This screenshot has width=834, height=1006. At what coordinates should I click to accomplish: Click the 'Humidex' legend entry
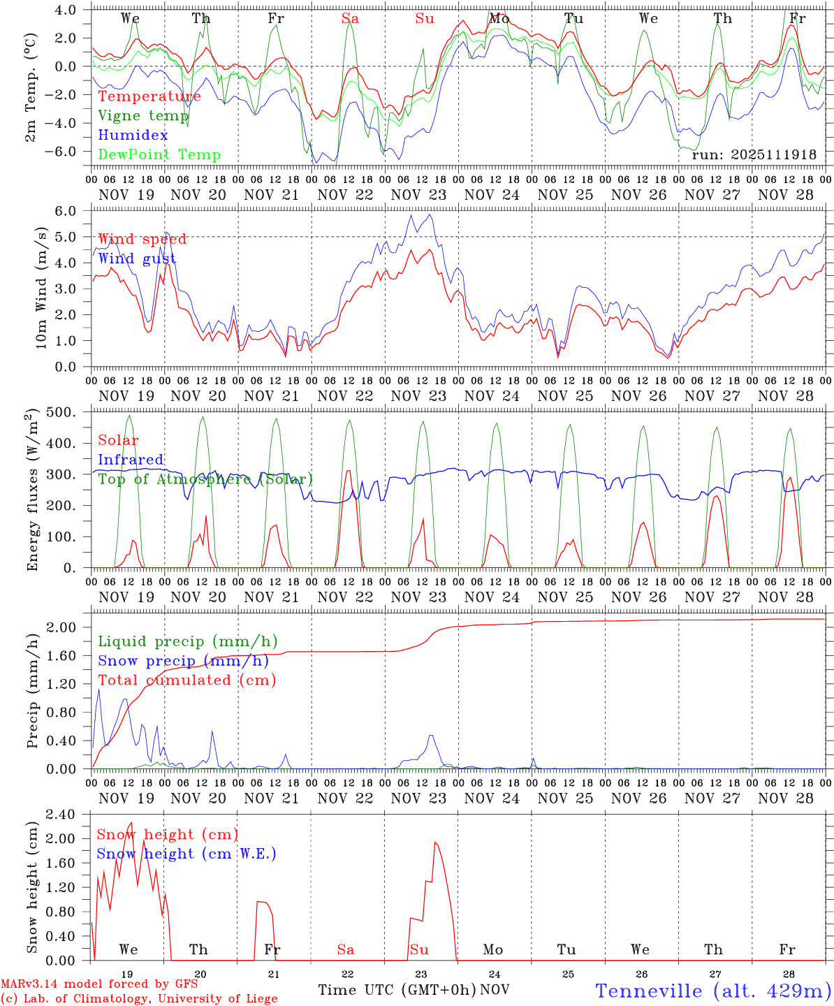(x=133, y=136)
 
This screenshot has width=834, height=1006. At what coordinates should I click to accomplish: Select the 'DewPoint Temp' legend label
(x=159, y=155)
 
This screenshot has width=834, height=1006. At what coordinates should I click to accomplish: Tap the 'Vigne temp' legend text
(x=143, y=116)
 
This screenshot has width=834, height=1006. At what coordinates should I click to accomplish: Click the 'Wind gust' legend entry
(x=137, y=259)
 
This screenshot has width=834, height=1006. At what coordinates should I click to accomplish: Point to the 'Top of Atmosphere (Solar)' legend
(x=205, y=479)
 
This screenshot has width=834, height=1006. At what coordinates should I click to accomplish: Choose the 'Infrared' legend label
(x=131, y=460)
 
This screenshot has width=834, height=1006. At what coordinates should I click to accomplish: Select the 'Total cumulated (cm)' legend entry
(x=186, y=680)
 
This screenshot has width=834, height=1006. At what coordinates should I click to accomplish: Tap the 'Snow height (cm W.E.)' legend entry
(x=186, y=854)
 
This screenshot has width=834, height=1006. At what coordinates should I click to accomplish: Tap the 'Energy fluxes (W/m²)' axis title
(x=32, y=491)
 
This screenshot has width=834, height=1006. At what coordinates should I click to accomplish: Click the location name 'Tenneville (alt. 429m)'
(x=712, y=991)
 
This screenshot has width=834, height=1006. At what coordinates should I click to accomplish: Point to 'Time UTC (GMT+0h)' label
(x=397, y=990)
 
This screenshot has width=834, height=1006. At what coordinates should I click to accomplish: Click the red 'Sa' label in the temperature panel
(x=350, y=19)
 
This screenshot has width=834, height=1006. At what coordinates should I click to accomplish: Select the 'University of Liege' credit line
(x=140, y=999)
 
